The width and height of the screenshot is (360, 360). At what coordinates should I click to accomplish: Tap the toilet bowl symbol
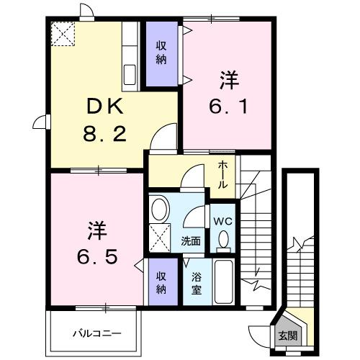(x=222, y=239)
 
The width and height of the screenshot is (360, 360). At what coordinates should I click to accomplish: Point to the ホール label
(x=225, y=174)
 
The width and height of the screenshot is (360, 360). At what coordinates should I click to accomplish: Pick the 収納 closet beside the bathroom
(x=161, y=283)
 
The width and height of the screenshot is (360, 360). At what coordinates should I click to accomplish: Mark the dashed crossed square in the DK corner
(x=63, y=33)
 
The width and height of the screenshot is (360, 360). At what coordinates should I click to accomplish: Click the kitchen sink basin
(x=131, y=74)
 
